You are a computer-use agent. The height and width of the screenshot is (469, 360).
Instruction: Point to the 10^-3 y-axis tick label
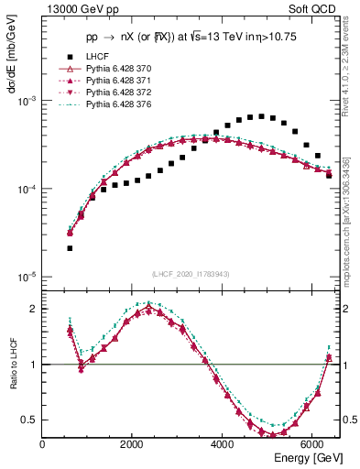click(x=27, y=102)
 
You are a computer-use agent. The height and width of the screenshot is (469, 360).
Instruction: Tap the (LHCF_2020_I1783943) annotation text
click(x=191, y=274)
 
